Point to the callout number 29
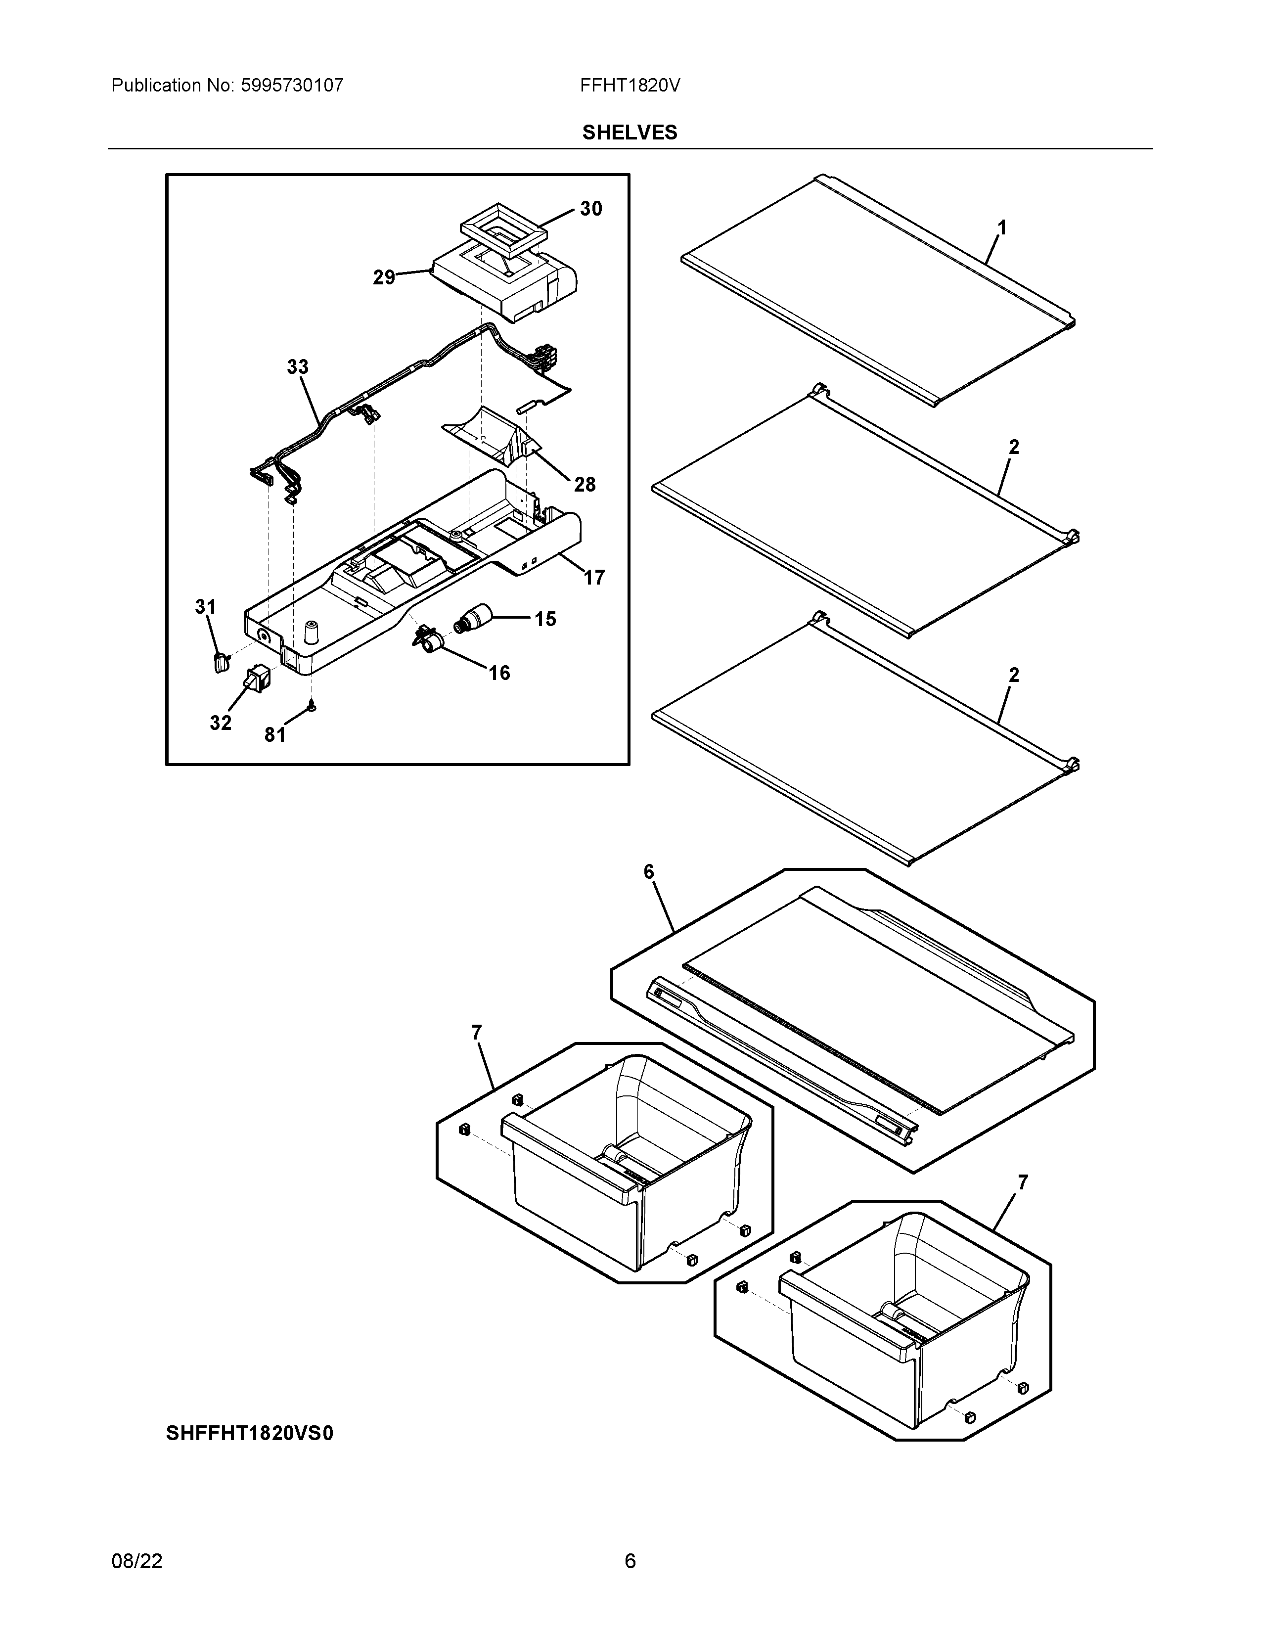pos(383,278)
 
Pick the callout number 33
pos(297,367)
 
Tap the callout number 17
pos(594,578)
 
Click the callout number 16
pos(499,673)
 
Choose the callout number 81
pos(275,735)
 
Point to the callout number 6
pos(648,871)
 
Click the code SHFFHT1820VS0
pos(250,1434)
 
